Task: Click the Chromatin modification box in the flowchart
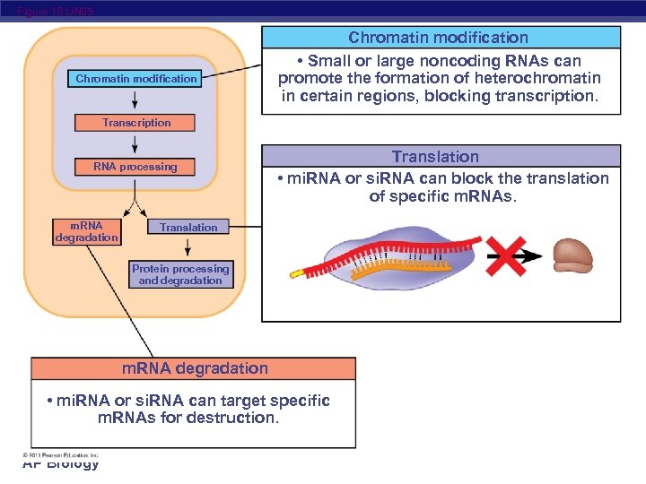[x=135, y=79]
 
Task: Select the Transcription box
[x=135, y=123]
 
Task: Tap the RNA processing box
[x=135, y=167]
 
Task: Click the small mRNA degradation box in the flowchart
[x=87, y=232]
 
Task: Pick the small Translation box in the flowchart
[x=188, y=228]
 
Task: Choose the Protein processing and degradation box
[x=180, y=274]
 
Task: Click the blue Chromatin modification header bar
[x=440, y=38]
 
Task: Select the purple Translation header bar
[x=440, y=157]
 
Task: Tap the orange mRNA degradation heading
[x=194, y=368]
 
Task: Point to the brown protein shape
[x=572, y=255]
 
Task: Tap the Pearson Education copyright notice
[x=61, y=454]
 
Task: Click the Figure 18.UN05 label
[x=54, y=11]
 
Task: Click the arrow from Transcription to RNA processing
[x=135, y=144]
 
